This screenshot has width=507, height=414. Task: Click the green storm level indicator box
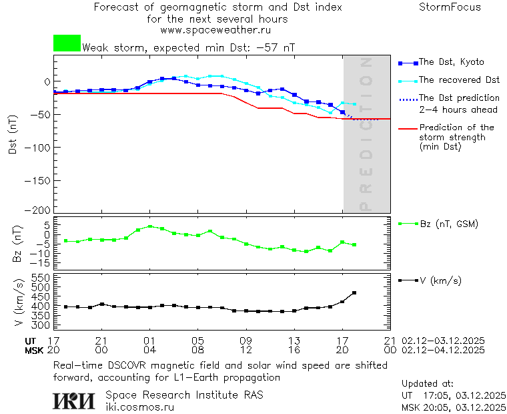pos(67,43)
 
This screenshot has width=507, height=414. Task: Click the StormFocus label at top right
pos(450,7)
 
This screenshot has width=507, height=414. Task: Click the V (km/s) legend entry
pos(440,280)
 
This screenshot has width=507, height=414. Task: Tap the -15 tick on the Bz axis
pos(42,263)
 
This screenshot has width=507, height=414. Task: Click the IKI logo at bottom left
pos(75,401)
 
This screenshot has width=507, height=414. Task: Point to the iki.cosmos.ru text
pos(139,407)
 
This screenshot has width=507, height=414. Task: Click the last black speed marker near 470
pos(354,292)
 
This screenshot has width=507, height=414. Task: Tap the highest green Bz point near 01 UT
pos(150,226)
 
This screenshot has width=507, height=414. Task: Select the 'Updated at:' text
pos(427,384)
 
